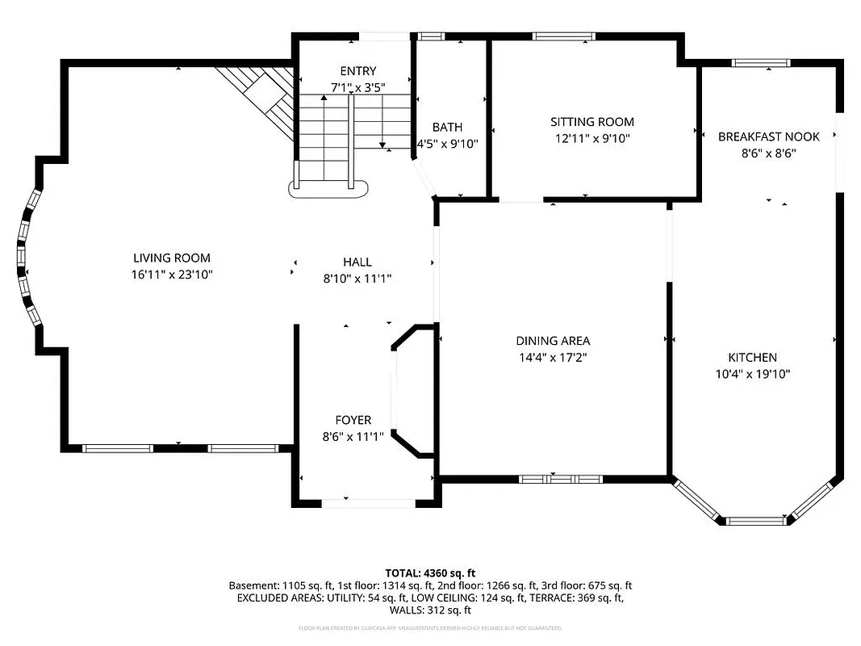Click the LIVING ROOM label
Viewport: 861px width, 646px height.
[x=171, y=258]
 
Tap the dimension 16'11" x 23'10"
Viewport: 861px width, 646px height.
[x=171, y=275]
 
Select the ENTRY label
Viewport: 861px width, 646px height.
[x=357, y=71]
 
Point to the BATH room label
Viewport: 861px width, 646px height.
[x=447, y=128]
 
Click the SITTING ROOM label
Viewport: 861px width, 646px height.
[x=592, y=122]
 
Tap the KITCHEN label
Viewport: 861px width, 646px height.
[x=752, y=358]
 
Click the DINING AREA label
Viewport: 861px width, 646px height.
[x=553, y=341]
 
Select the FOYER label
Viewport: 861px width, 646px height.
[x=353, y=420]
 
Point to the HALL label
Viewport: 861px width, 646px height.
[x=357, y=262]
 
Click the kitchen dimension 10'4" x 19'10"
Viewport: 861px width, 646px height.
[x=752, y=374]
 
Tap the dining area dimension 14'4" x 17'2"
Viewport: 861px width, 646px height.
[x=553, y=357]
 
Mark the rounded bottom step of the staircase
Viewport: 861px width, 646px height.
[x=329, y=189]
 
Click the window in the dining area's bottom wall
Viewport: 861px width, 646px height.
[x=560, y=479]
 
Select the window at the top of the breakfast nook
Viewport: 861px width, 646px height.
[x=759, y=62]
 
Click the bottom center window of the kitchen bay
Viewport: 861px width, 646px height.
[x=755, y=521]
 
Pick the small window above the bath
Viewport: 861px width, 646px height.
[x=431, y=36]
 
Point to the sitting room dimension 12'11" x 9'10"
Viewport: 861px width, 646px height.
[x=592, y=138]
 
